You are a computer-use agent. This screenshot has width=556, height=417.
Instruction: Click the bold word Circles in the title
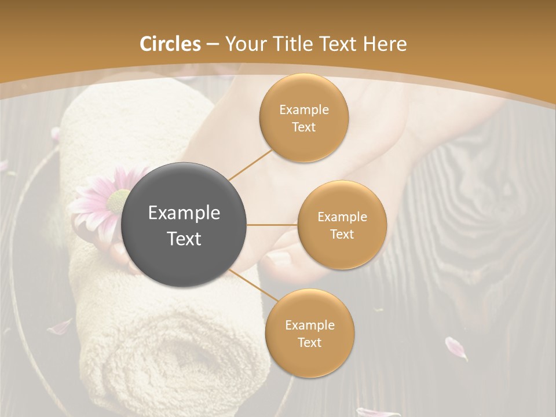170,44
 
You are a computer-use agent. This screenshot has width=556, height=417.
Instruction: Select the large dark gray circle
184,225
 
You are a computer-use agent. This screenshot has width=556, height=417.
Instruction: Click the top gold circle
303,118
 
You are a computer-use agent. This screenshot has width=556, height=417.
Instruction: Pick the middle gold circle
342,225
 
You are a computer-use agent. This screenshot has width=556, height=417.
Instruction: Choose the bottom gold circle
309,333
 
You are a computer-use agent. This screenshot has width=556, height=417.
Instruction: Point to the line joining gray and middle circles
272,225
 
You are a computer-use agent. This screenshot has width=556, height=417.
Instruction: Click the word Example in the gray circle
184,213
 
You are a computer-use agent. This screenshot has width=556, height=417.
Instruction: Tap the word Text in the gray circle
184,239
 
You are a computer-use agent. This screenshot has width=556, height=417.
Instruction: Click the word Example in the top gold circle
303,110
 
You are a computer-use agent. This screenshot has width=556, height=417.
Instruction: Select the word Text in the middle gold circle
342,234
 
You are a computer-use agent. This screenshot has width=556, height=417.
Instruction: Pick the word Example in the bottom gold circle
309,325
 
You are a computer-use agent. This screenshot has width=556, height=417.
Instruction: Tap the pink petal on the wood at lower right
455,348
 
